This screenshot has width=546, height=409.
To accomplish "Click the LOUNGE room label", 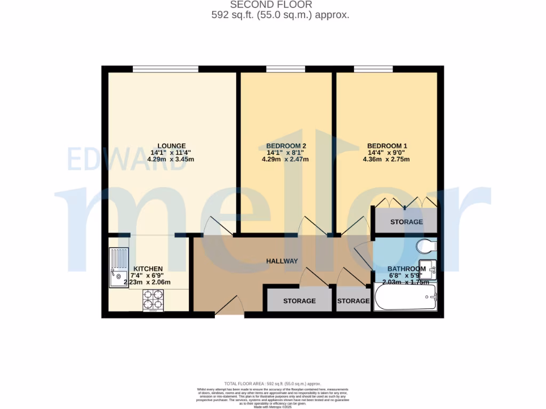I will click(x=171, y=145).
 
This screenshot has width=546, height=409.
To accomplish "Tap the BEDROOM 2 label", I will click(x=286, y=145).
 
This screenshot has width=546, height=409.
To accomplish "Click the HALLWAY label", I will click(x=282, y=260).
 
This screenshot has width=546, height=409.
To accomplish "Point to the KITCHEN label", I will click(x=148, y=268).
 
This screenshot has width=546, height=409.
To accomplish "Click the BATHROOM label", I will click(x=406, y=269).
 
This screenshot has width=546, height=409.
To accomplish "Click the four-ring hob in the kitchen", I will click(x=153, y=301).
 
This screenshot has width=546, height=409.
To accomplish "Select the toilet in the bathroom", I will click(x=427, y=246).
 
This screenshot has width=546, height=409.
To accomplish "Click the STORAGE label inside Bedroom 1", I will click(x=406, y=222).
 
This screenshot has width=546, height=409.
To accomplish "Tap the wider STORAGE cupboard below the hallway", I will click(x=299, y=301).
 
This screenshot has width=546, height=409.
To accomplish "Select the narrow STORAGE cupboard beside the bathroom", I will click(x=353, y=301).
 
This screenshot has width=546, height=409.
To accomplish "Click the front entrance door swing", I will click(x=228, y=307).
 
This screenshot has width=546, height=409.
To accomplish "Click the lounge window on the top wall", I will click(x=165, y=69).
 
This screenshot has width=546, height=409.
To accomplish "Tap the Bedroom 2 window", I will click(x=286, y=69).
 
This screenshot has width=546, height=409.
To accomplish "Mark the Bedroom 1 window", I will click(x=373, y=69).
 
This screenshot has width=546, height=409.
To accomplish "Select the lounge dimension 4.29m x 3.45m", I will click(x=171, y=159).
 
